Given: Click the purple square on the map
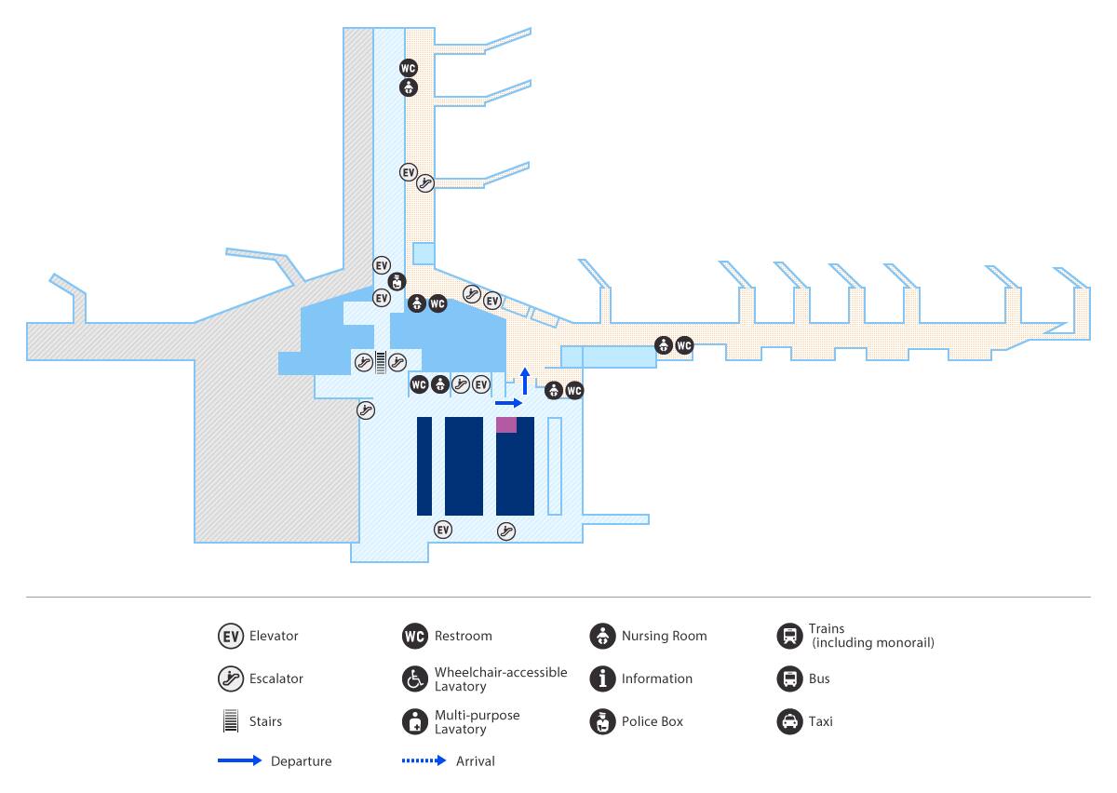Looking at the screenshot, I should (x=506, y=424).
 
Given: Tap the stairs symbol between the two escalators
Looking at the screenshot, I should (x=381, y=362).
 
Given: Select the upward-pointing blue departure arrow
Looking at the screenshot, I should (x=525, y=380).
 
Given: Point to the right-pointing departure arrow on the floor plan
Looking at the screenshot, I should (x=508, y=404).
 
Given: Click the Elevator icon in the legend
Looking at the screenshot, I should (x=230, y=637).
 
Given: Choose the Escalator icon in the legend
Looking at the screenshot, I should (x=230, y=679).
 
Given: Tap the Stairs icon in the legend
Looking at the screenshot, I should (x=229, y=721).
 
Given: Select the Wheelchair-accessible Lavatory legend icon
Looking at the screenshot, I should (x=414, y=679).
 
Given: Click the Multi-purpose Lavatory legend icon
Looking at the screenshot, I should (x=414, y=721).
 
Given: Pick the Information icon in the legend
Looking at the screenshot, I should (x=602, y=679).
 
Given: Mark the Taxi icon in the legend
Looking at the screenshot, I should (x=789, y=721).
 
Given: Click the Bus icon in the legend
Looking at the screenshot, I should (x=789, y=679).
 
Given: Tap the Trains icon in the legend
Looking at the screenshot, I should (x=789, y=637).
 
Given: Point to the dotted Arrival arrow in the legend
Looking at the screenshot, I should (x=424, y=761).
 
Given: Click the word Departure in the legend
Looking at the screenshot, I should (x=301, y=761).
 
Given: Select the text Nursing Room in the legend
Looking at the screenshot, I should (x=664, y=637).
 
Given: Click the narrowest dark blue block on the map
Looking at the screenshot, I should (x=424, y=466).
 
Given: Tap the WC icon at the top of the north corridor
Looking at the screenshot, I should (x=408, y=68).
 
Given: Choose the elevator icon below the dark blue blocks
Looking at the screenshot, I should (x=443, y=530).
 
